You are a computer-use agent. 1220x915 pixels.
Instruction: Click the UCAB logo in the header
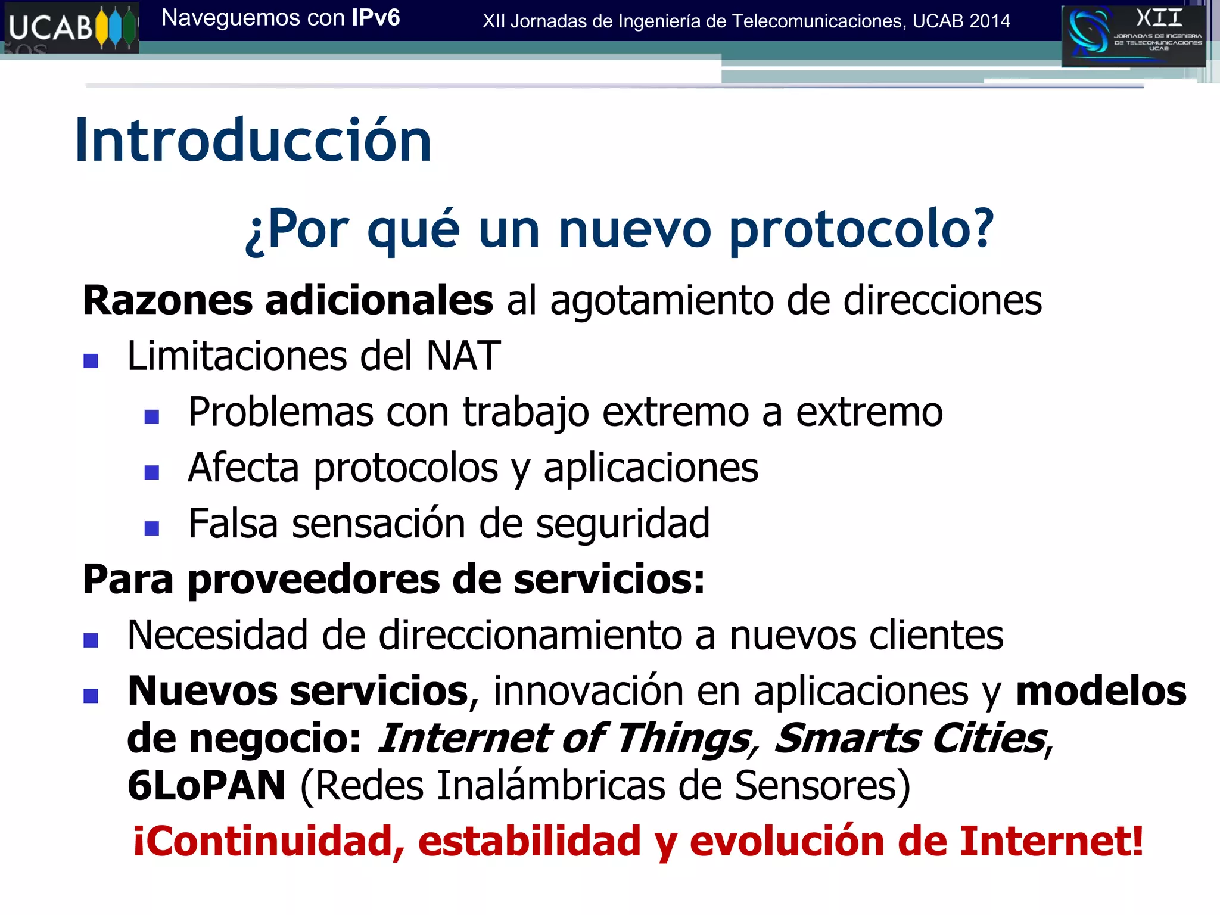coord(71,27)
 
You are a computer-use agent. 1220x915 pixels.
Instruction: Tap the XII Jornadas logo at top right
coord(1133,36)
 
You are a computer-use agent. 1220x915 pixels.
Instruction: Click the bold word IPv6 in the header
coord(375,18)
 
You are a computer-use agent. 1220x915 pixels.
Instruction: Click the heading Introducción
coord(253,141)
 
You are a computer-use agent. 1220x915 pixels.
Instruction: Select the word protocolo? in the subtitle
coord(861,229)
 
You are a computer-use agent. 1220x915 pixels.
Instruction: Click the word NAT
coord(463,356)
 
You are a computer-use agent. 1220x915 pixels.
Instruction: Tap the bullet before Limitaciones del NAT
coord(91,361)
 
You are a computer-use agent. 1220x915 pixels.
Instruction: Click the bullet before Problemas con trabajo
coord(152,416)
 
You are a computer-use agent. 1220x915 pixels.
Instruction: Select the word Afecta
coord(243,468)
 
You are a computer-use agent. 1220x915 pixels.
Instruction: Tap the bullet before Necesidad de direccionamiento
coord(91,640)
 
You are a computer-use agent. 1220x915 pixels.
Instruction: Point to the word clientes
coord(936,635)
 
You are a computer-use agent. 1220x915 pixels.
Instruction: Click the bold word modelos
coord(1101,691)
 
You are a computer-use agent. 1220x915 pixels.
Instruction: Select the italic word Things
coord(683,739)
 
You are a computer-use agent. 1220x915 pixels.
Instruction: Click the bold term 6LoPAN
coord(206,786)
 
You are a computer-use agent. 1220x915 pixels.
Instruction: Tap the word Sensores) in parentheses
coord(822,786)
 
